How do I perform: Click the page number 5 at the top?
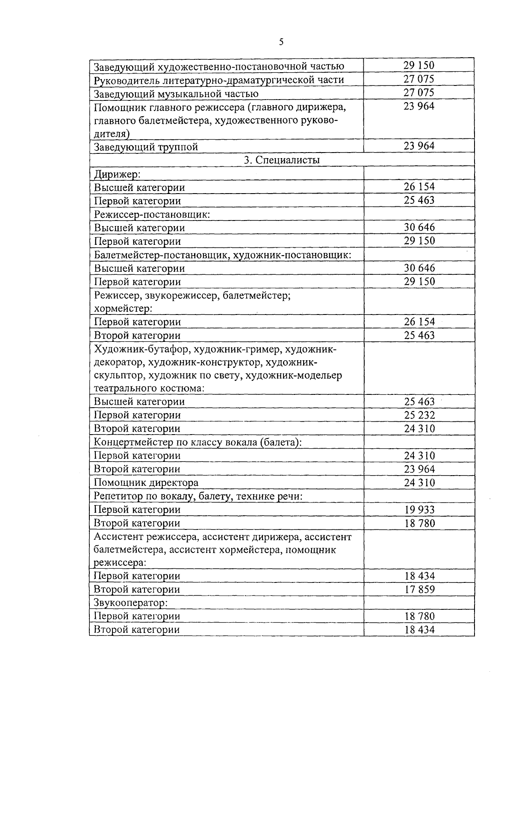(281, 42)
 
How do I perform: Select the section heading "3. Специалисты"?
(282, 160)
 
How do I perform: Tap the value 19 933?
(419, 509)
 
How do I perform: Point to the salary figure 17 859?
(419, 589)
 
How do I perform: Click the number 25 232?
(419, 415)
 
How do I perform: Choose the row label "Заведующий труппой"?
(146, 147)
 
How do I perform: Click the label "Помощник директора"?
(146, 482)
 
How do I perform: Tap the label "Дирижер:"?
(118, 174)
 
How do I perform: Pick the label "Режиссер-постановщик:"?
(152, 214)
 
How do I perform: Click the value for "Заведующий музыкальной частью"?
(419, 93)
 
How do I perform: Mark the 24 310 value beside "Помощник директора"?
(419, 482)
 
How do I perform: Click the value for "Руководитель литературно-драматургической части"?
(419, 79)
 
